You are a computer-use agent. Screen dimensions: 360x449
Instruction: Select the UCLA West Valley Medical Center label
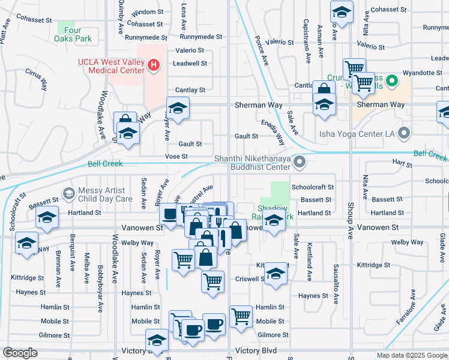pos(111,65)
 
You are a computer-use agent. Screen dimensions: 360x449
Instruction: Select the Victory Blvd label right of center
pos(256,350)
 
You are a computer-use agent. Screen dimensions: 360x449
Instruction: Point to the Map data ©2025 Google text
pos(411,355)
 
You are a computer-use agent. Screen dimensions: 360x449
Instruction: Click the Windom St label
pos(147,12)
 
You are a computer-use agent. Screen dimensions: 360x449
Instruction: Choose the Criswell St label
pos(250,279)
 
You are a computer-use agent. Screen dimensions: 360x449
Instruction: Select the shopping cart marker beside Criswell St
pos(212,280)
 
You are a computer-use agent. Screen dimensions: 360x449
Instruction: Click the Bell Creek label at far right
pos(432,155)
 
